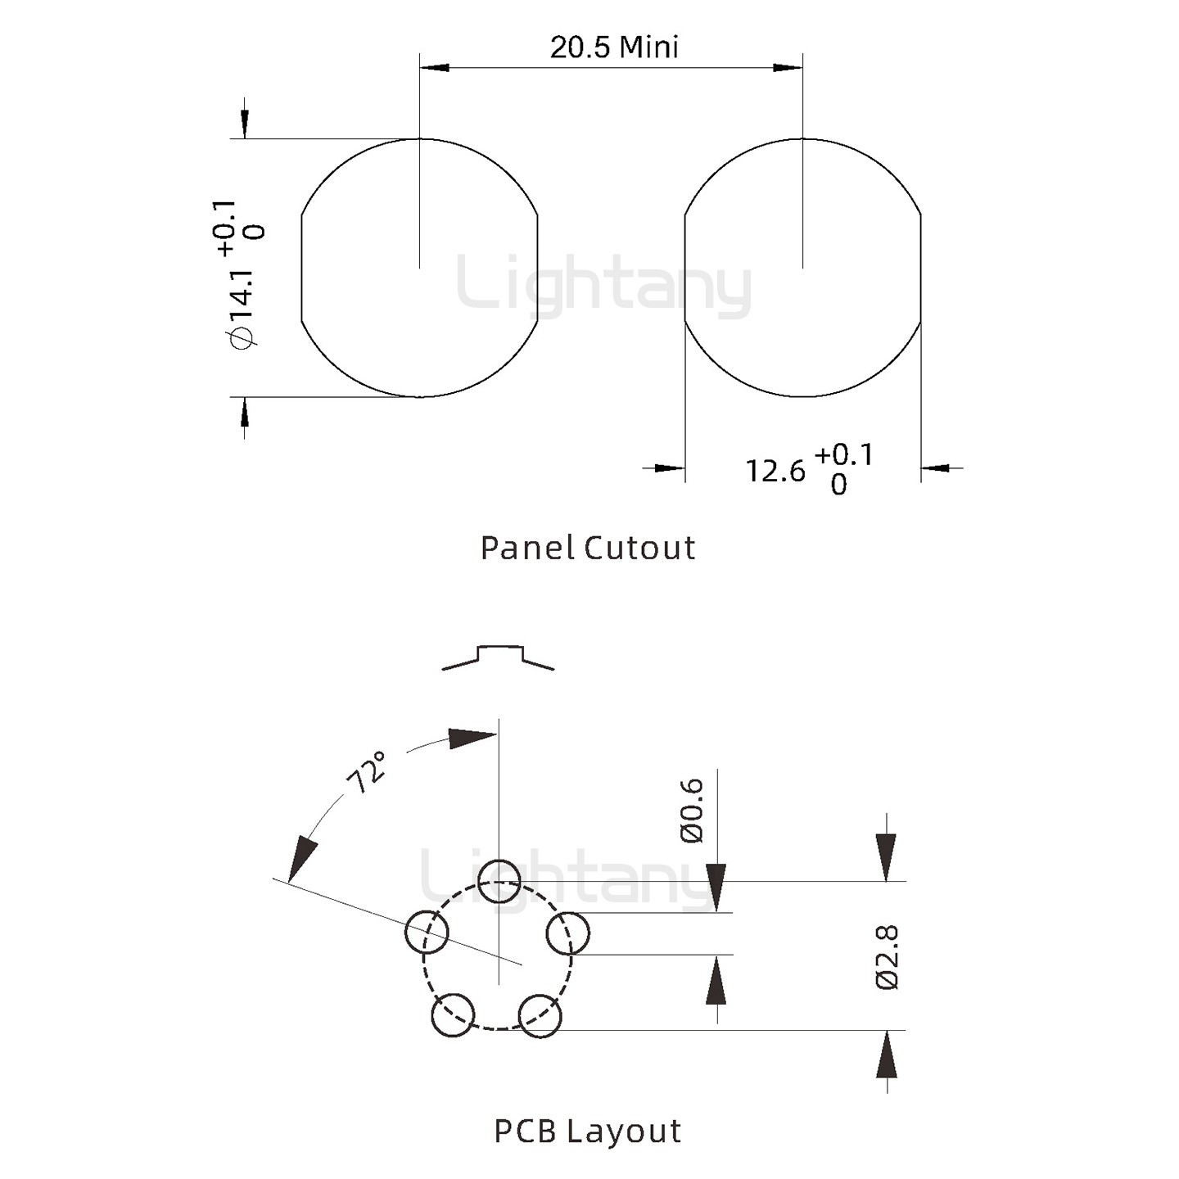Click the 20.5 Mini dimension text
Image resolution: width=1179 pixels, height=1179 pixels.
(614, 47)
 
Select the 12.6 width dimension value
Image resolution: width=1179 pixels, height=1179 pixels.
(775, 471)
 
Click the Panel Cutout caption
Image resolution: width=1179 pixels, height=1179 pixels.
(588, 548)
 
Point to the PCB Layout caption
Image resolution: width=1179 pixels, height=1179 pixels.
(588, 1131)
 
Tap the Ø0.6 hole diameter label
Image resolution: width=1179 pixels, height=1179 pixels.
(692, 811)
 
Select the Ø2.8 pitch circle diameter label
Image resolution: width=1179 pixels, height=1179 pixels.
(888, 957)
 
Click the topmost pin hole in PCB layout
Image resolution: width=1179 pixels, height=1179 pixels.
(499, 881)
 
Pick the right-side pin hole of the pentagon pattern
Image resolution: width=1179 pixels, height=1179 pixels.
(567, 933)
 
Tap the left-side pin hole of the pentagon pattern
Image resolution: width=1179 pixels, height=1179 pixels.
(427, 932)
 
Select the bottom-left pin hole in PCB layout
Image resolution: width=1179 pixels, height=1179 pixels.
(453, 1015)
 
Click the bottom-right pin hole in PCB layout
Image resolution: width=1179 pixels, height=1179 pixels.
(540, 1016)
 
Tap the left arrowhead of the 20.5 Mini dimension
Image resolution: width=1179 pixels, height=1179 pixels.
(435, 67)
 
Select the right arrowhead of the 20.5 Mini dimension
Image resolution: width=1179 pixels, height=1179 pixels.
(788, 67)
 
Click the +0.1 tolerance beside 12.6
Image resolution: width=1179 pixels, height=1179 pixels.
(843, 454)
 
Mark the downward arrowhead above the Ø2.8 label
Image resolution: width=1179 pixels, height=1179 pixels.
(886, 857)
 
